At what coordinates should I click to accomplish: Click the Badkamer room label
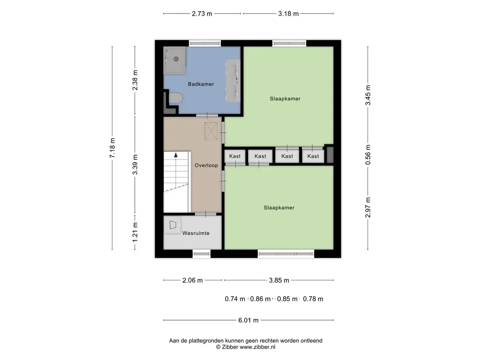(201, 84)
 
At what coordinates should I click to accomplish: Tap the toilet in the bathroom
(175, 98)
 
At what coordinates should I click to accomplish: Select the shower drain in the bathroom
(176, 59)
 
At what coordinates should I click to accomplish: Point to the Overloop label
(206, 165)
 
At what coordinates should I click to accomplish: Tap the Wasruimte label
(196, 233)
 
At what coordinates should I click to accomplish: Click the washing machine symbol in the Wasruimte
(172, 225)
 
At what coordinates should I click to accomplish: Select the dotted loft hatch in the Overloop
(211, 131)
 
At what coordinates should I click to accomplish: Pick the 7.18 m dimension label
(112, 148)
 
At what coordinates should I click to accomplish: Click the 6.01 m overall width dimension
(248, 320)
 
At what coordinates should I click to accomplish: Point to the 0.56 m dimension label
(368, 155)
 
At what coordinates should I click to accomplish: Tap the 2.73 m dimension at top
(202, 14)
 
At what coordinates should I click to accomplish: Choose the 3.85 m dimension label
(279, 280)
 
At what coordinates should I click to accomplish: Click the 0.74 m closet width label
(235, 299)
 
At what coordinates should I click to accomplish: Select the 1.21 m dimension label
(135, 232)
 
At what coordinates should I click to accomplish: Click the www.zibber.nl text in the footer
(257, 347)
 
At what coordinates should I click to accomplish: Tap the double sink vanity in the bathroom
(233, 81)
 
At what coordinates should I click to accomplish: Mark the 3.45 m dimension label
(368, 95)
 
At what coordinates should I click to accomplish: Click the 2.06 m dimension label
(193, 280)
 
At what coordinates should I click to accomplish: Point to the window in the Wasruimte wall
(202, 254)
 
